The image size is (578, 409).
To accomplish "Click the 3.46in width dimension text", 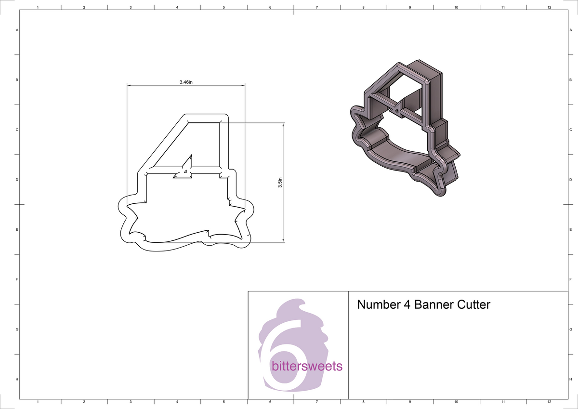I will pyautogui.click(x=186, y=82).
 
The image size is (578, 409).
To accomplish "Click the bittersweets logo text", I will pyautogui.click(x=307, y=366).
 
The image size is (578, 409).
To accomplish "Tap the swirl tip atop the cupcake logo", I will pyautogui.click(x=302, y=302).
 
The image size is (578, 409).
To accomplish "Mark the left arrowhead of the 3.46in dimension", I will pyautogui.click(x=129, y=86).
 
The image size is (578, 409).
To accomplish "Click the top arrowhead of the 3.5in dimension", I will pyautogui.click(x=283, y=124).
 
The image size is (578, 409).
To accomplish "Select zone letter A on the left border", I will pyautogui.click(x=17, y=30).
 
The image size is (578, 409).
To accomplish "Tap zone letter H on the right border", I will pyautogui.click(x=570, y=380).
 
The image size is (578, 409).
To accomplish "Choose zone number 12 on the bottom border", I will pyautogui.click(x=549, y=401).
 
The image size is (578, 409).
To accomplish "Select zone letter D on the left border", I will pyautogui.click(x=17, y=180).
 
